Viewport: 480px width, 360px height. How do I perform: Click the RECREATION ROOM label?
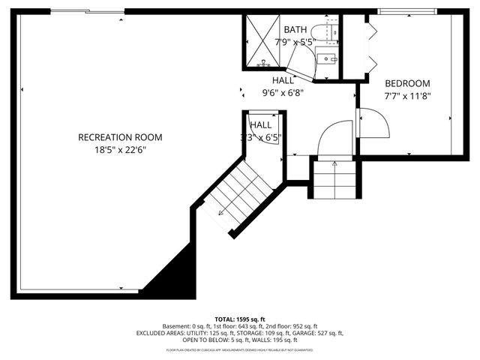click(x=120, y=137)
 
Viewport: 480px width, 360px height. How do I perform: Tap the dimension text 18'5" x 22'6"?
click(x=120, y=149)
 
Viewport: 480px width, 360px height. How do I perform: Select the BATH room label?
click(x=295, y=30)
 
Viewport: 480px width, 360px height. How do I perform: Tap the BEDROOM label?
click(x=407, y=83)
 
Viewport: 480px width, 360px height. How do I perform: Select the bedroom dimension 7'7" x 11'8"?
click(x=407, y=95)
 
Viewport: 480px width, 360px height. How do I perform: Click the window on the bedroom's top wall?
click(x=408, y=11)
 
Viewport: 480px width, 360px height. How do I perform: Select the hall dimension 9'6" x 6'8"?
click(x=283, y=93)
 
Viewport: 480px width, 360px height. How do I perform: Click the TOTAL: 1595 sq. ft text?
click(x=240, y=319)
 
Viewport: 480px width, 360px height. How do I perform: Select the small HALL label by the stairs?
click(x=260, y=125)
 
